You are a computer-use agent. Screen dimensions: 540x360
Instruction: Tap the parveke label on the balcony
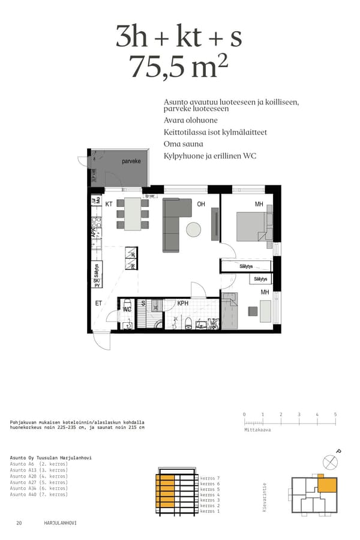pyautogui.click(x=131, y=161)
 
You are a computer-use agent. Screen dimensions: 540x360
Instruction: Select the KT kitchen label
pyautogui.click(x=109, y=205)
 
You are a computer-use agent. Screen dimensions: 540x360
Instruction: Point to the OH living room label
pyautogui.click(x=201, y=205)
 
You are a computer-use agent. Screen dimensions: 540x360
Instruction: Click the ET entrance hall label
pyautogui.click(x=98, y=304)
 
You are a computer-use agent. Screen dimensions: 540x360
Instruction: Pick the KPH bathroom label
pyautogui.click(x=183, y=304)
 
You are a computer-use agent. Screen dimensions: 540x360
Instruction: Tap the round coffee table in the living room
pyautogui.click(x=194, y=229)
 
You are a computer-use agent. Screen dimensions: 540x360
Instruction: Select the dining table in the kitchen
pyautogui.click(x=133, y=214)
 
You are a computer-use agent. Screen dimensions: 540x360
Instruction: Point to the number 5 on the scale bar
pyautogui.click(x=335, y=415)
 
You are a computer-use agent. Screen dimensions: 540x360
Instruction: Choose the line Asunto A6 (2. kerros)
pyautogui.click(x=39, y=464)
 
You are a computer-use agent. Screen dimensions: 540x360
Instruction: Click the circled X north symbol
pyautogui.click(x=330, y=462)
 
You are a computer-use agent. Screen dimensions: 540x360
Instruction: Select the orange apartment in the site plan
pyautogui.click(x=327, y=485)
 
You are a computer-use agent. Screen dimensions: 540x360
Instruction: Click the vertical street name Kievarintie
pyautogui.click(x=265, y=497)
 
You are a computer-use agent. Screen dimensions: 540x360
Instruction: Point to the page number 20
pyautogui.click(x=19, y=523)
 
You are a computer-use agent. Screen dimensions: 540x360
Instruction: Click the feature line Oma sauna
pyautogui.click(x=183, y=144)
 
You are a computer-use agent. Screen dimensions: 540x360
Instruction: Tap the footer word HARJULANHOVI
pyautogui.click(x=60, y=523)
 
